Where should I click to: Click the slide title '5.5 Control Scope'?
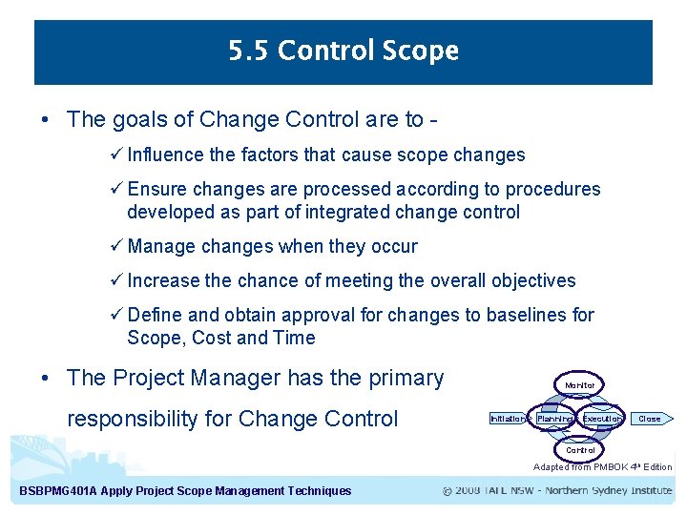tap(343, 51)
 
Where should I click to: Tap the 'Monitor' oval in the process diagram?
tap(580, 385)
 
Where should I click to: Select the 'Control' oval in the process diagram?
tap(580, 450)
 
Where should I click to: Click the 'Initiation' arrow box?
tap(508, 419)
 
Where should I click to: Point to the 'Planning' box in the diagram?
tap(553, 419)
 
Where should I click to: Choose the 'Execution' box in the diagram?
tap(602, 419)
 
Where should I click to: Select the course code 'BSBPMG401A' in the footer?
tap(59, 491)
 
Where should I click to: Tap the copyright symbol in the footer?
tap(448, 491)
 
